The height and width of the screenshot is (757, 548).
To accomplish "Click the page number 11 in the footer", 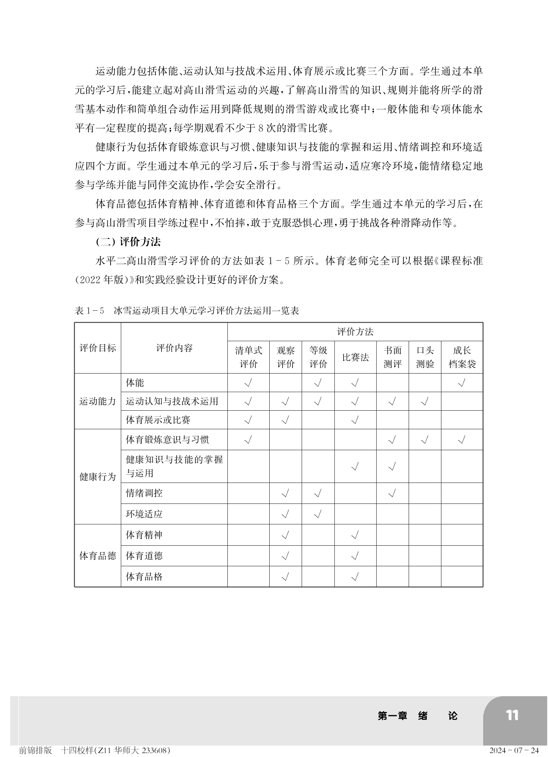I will pyautogui.click(x=512, y=715).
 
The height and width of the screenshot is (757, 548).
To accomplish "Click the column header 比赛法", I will pyautogui.click(x=355, y=357).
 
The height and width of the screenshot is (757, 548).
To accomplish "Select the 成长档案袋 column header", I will pyautogui.click(x=462, y=357).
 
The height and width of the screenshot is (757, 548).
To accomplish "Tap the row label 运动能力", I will pyautogui.click(x=98, y=401).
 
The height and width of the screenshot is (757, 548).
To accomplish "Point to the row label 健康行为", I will pyautogui.click(x=98, y=477).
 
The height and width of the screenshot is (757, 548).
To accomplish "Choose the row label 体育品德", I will pyautogui.click(x=98, y=556).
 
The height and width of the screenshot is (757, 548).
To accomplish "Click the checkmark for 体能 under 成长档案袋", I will pyautogui.click(x=462, y=383).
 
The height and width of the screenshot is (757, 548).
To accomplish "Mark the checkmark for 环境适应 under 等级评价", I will pyautogui.click(x=318, y=514).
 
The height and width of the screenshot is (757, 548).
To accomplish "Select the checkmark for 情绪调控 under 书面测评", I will pyautogui.click(x=392, y=493).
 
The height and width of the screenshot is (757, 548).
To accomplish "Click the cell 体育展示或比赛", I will pyautogui.click(x=158, y=420).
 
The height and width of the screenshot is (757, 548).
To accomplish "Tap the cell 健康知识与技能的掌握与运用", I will pyautogui.click(x=174, y=466).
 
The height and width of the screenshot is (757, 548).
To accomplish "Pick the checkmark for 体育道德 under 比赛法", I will pyautogui.click(x=355, y=556).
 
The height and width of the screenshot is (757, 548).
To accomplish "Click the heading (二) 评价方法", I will pyautogui.click(x=128, y=242).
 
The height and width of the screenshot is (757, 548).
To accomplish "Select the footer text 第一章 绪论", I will pyautogui.click(x=417, y=716).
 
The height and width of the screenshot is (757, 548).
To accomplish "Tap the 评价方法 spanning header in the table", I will pyautogui.click(x=355, y=332).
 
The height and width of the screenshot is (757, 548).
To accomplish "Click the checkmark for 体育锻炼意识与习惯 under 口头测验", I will pyautogui.click(x=425, y=440).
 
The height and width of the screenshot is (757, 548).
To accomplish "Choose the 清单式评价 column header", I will pyautogui.click(x=248, y=357).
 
